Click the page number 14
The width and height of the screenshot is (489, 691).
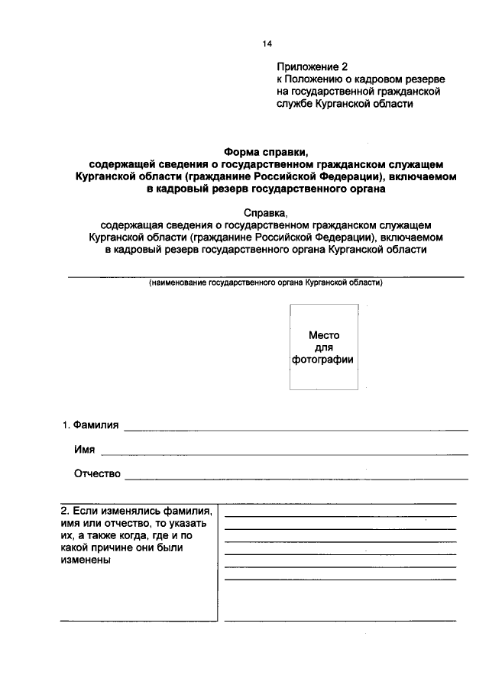(x=267, y=44)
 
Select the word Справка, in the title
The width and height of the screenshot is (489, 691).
(x=266, y=212)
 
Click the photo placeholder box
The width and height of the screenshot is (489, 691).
(x=322, y=347)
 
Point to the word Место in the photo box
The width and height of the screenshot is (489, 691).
(x=323, y=335)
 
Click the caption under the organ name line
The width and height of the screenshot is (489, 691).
(x=266, y=283)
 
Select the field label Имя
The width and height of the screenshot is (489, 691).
(x=84, y=450)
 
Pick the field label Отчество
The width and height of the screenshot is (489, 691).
(x=97, y=474)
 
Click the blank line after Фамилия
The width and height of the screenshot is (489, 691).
(x=296, y=430)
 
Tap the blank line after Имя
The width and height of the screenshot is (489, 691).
(x=283, y=454)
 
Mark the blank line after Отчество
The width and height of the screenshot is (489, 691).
(x=296, y=479)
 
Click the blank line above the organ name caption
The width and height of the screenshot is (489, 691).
(x=266, y=276)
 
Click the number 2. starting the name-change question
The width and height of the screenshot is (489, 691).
(x=66, y=510)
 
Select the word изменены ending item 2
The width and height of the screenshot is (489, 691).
(x=85, y=560)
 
